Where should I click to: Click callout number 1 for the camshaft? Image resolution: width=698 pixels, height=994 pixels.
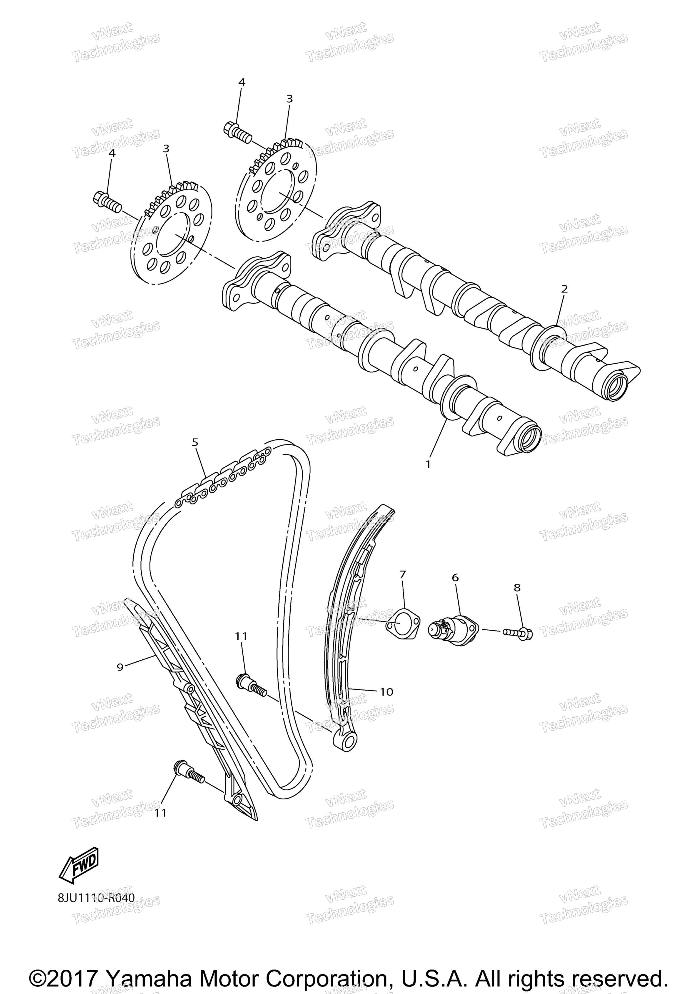coord(428,465)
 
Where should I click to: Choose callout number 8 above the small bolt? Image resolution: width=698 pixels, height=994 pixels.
coord(517,588)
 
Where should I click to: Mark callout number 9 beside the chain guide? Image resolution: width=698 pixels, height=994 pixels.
coord(120,667)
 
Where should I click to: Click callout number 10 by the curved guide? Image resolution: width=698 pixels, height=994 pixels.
coord(386,692)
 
